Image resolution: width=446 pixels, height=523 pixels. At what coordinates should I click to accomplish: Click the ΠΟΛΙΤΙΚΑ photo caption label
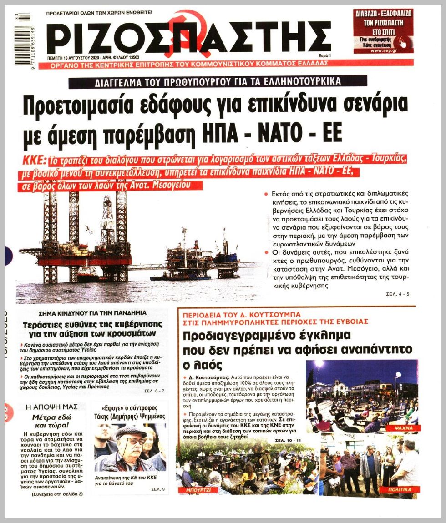coord(400,489)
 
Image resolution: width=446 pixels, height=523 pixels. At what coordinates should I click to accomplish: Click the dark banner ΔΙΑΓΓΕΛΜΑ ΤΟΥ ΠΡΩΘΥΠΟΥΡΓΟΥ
coord(218,82)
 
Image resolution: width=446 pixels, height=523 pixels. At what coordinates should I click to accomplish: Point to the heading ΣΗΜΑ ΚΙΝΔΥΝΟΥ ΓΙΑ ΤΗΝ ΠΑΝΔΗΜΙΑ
coord(93,313)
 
